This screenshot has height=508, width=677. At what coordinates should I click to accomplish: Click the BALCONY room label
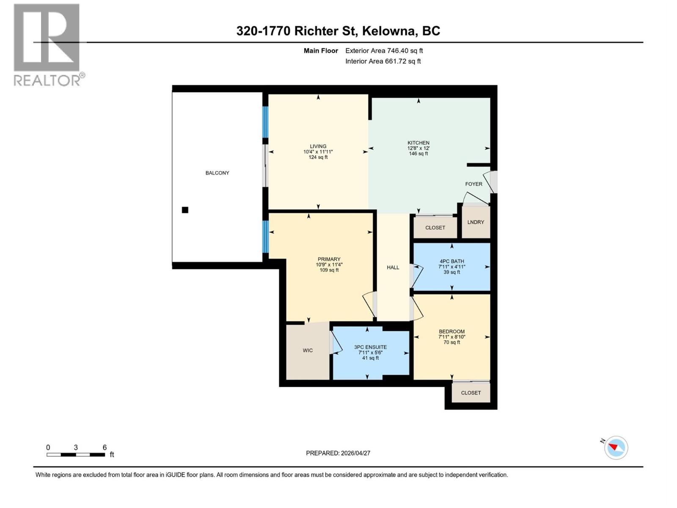(217, 173)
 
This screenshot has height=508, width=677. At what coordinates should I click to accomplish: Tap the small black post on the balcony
(185, 210)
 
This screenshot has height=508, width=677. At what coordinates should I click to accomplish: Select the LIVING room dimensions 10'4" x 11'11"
(318, 152)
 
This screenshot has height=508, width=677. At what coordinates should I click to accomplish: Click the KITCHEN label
(418, 143)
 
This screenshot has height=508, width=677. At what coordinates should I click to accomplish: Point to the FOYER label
(473, 184)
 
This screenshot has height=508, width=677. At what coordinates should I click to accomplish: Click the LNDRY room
(476, 222)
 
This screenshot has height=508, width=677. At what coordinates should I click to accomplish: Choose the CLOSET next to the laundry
(435, 228)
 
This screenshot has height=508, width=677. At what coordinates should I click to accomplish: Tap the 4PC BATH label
(451, 261)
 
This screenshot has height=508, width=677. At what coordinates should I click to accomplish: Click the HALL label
(393, 267)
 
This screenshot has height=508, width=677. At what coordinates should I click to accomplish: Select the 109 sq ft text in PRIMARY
(329, 270)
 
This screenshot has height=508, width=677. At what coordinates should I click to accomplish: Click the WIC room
(308, 350)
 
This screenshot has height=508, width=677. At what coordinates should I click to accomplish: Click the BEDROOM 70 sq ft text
(451, 342)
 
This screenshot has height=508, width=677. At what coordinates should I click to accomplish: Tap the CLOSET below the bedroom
(471, 393)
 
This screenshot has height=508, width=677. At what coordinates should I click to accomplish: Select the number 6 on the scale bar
(105, 447)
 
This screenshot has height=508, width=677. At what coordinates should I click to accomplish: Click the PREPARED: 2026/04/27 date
(338, 453)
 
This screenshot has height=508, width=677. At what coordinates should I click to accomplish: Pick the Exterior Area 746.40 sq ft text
(384, 50)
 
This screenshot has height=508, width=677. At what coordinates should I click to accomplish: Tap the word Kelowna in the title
(388, 31)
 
